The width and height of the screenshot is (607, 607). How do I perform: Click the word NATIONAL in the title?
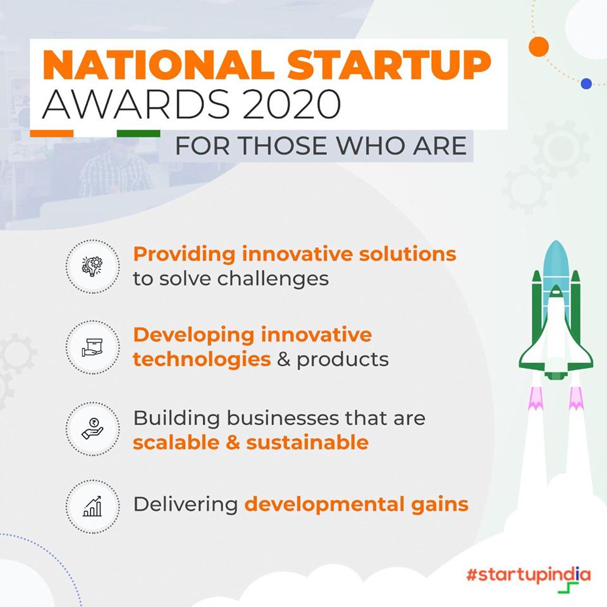pos(159,64)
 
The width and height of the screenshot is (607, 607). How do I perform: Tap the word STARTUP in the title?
pos(389,64)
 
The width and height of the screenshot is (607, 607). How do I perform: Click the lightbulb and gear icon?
pos(92,266)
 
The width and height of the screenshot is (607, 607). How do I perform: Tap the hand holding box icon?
pos(92,347)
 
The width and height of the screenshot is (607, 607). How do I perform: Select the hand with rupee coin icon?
pos(92,429)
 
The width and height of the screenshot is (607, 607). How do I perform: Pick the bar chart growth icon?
pos(92,506)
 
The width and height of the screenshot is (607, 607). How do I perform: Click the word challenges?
pos(273,279)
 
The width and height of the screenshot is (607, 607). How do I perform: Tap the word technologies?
pos(202,360)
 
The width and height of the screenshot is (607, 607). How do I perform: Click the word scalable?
pos(176,443)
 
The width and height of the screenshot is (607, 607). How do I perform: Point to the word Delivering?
pos(186,505)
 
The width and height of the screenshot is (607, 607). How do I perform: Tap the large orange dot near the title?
pos(539,46)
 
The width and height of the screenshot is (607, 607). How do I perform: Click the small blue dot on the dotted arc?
pos(587,83)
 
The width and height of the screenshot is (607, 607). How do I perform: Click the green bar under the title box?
pos(138,133)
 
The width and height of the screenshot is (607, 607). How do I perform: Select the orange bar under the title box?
pos(51,133)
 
